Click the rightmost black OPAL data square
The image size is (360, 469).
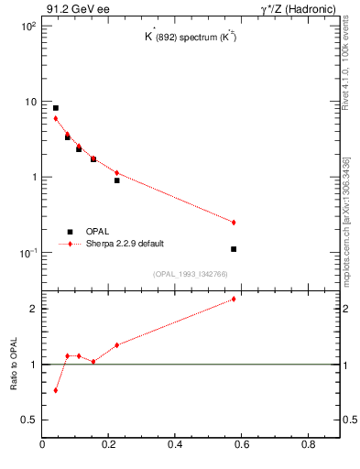click(235, 249)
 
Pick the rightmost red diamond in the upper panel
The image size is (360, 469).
click(235, 223)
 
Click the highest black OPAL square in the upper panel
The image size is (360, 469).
click(56, 108)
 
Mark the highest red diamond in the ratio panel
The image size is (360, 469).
click(235, 299)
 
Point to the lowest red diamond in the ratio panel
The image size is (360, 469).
click(56, 390)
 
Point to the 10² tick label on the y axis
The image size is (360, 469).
click(27, 27)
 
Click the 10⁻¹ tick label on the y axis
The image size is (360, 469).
click(27, 253)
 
